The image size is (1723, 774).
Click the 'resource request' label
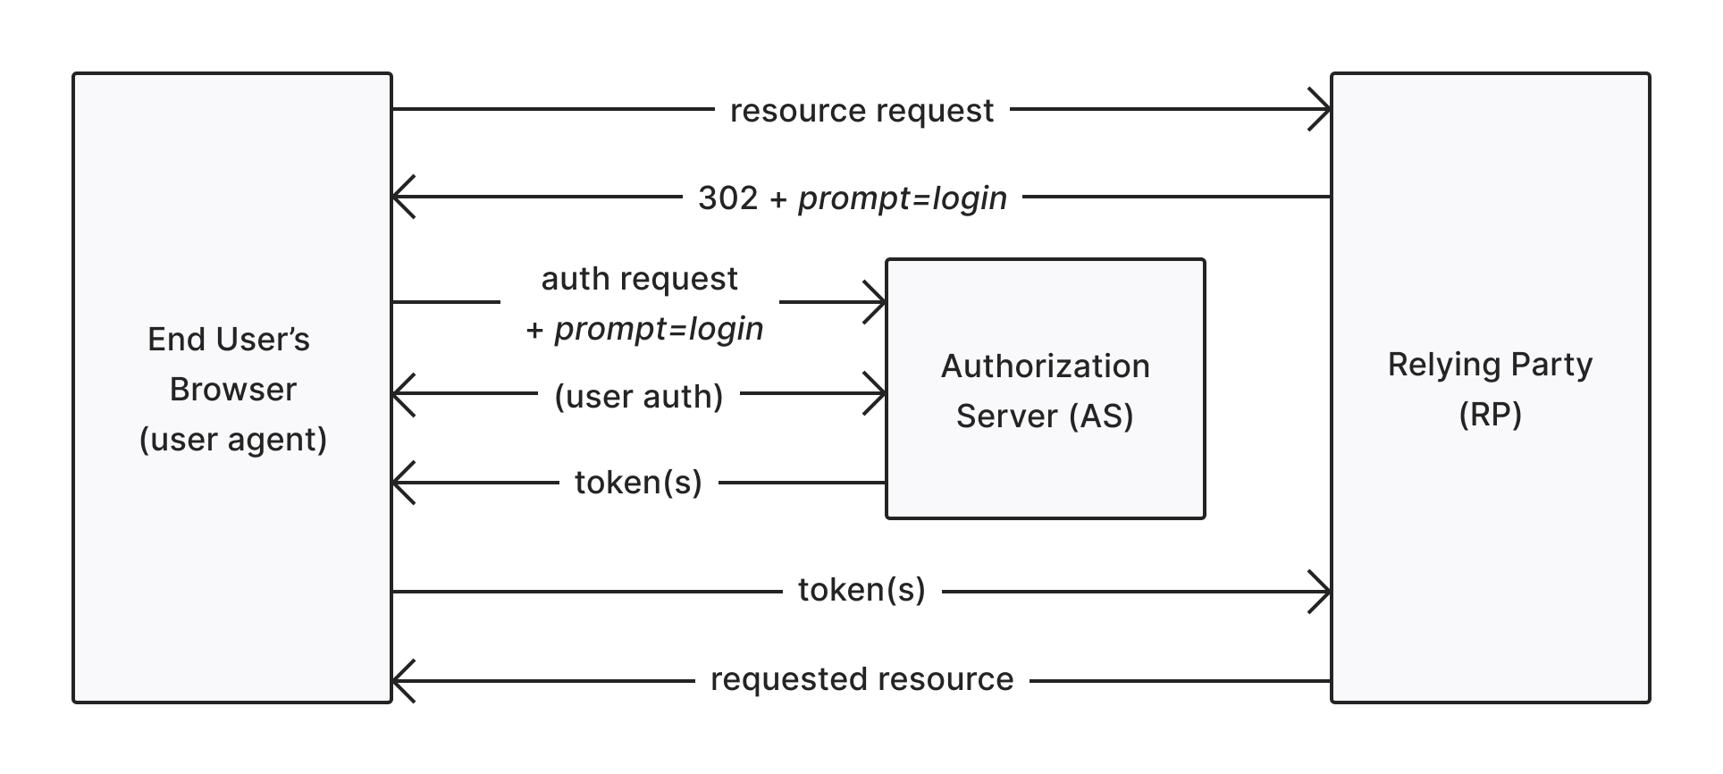tap(861, 111)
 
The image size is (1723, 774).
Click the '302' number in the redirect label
tap(727, 198)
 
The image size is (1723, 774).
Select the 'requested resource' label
tap(861, 679)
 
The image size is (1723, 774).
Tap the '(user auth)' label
tap(638, 396)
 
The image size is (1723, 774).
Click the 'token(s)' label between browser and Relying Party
tap(861, 590)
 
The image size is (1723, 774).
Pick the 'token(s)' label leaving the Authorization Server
tap(638, 483)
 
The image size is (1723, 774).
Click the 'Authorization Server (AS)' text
tap(1045, 391)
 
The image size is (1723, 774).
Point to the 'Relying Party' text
tap(1490, 365)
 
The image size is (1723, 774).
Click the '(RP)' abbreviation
tap(1490, 415)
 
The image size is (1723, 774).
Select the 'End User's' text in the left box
tap(229, 340)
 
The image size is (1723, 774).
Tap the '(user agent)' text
tap(232, 440)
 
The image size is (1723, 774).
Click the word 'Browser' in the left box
tap(232, 390)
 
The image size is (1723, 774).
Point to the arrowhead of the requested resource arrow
tap(399, 681)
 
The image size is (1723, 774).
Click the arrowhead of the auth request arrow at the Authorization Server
tap(879, 302)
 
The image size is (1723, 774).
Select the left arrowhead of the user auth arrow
tap(399, 393)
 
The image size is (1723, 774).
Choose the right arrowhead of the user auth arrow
tap(879, 393)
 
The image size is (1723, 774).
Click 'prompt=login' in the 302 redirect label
tap(902, 198)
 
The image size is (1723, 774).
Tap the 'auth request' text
tap(639, 279)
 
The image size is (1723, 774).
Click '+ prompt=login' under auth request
tap(644, 329)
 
